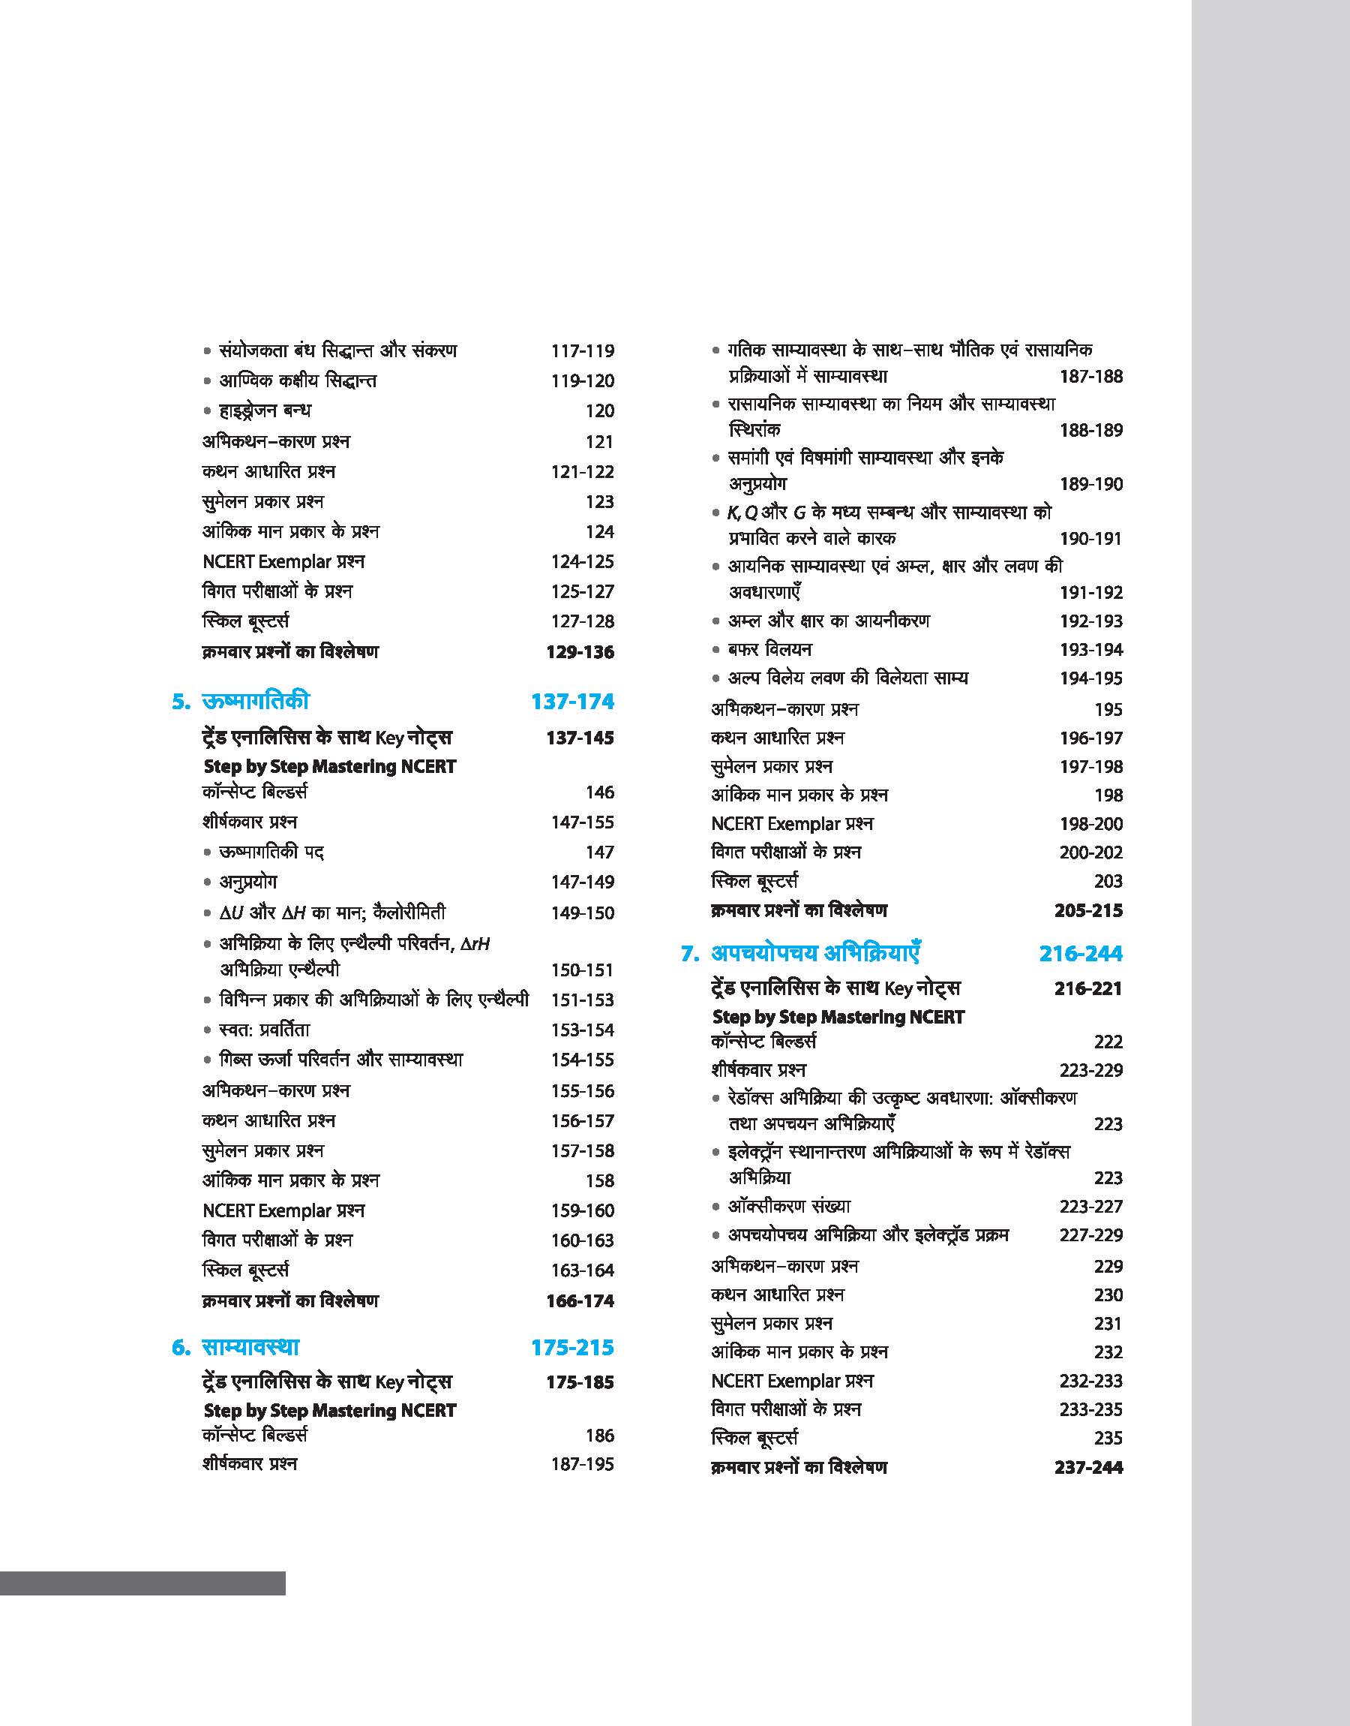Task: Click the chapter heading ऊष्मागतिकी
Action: [255, 702]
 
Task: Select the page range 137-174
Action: [572, 702]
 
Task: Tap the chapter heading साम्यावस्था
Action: [250, 1347]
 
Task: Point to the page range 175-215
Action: [572, 1347]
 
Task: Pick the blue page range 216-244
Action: [1081, 954]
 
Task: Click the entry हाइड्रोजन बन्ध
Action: [265, 410]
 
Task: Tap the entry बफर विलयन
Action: [769, 649]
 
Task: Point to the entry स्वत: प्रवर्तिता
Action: [265, 1030]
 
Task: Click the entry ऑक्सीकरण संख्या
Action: [789, 1206]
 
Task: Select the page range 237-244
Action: [1088, 1466]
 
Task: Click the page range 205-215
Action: [1088, 910]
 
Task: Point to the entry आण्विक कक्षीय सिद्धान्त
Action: [297, 380]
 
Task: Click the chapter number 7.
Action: [689, 955]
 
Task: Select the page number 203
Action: [1108, 881]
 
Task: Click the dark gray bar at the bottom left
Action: [142, 1583]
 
